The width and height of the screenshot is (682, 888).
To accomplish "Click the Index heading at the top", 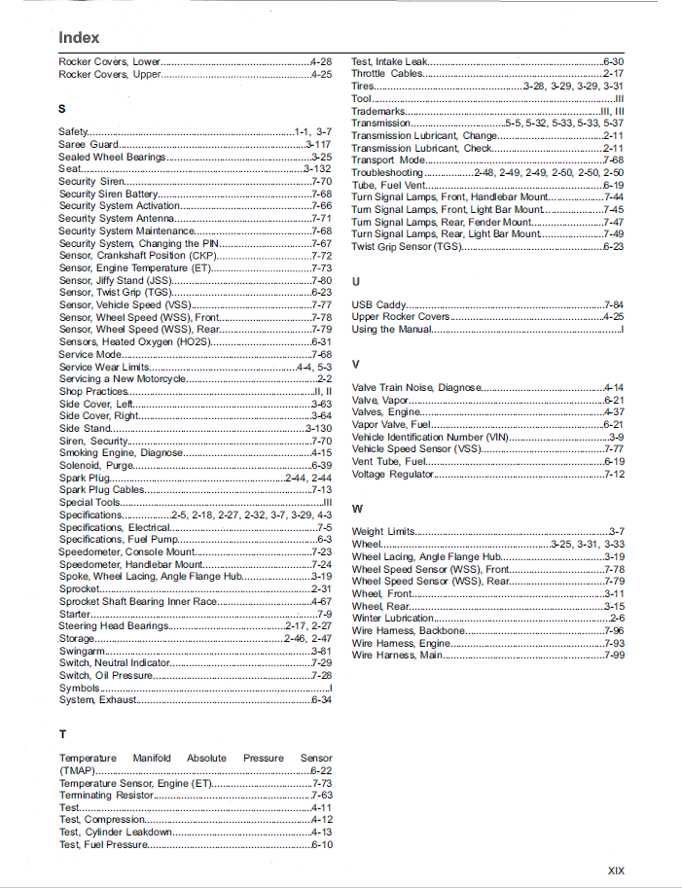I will [79, 37].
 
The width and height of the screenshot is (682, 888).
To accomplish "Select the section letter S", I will [62, 108].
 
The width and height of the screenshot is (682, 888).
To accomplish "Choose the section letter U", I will [356, 281].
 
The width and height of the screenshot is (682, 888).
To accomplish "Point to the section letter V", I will [356, 364].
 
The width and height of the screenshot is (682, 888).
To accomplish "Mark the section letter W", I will [357, 509].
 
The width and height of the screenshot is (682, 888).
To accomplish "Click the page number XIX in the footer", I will [615, 870].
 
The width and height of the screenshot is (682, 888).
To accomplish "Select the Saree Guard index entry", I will [89, 144].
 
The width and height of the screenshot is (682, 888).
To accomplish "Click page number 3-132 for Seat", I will [317, 169].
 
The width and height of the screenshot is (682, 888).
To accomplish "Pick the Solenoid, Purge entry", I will [96, 465].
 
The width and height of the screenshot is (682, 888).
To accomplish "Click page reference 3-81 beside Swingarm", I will [321, 651].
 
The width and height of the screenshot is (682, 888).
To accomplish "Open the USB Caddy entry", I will [379, 304].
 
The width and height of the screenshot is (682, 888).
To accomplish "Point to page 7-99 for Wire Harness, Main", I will [614, 655].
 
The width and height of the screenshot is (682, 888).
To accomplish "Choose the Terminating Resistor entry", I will [107, 795].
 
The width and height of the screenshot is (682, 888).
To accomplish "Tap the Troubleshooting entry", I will [387, 172].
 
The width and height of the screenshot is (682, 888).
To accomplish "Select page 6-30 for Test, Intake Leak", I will [613, 61].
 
